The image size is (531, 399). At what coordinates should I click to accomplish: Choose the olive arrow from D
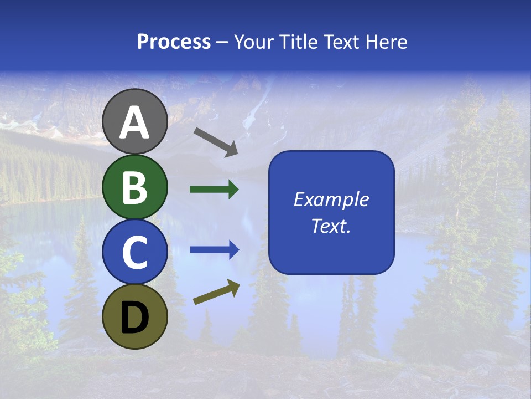pos(216,292)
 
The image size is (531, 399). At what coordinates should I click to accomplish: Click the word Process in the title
pos(174,42)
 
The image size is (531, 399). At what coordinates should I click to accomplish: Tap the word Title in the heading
pos(299,42)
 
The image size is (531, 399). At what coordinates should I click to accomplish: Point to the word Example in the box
pos(331,199)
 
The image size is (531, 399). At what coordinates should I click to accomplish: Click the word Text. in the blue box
pos(331,226)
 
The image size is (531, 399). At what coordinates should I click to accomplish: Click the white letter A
pos(135,123)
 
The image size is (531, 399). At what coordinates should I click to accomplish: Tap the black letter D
pos(135,317)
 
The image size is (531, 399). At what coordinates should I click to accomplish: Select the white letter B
pos(135,187)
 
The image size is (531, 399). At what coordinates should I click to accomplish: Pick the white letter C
pos(135,252)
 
